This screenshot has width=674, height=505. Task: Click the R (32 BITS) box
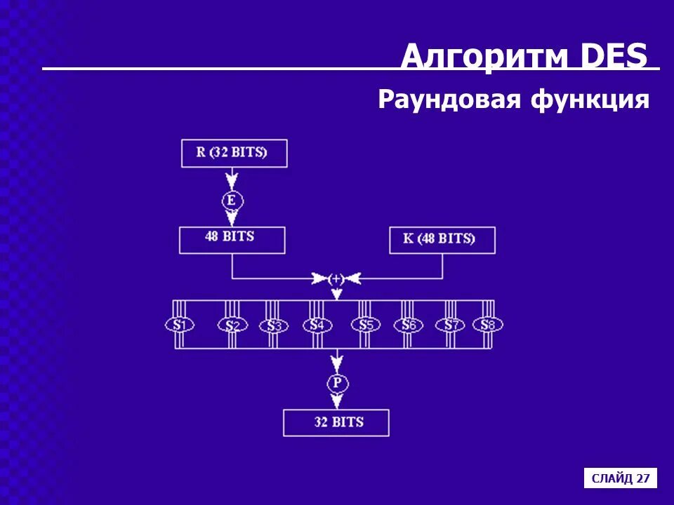234,153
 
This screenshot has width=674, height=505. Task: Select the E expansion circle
232,201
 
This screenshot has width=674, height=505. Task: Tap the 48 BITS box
232,239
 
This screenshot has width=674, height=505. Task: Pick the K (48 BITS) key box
442,240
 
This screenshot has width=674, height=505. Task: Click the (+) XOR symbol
336,278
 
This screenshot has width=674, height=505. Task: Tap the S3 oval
273,326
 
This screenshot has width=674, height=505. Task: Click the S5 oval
366,325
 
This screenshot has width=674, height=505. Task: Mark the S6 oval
408,325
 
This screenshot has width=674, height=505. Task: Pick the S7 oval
450,325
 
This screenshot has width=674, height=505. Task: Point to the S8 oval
488,325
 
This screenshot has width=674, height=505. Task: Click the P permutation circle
337,383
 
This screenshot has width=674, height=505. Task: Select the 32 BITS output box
336,422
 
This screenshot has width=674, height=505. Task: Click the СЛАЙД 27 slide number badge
621,478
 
